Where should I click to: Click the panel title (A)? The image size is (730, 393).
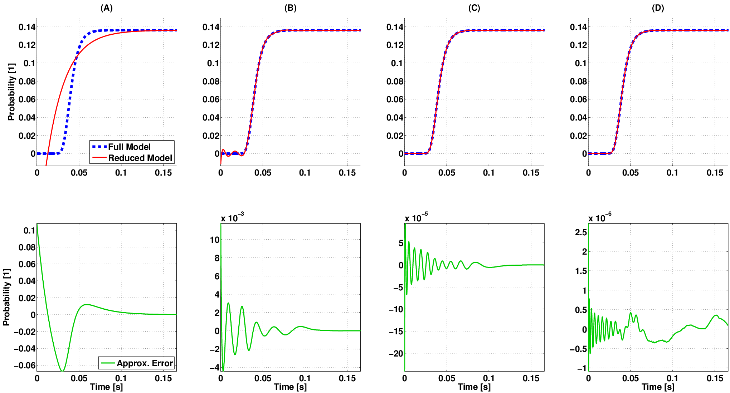click(107, 8)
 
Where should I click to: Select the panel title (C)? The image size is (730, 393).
click(474, 8)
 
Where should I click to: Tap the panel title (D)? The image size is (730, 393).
click(658, 8)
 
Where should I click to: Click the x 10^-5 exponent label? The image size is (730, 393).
click(416, 217)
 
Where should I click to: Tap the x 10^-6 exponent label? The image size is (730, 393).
click(600, 217)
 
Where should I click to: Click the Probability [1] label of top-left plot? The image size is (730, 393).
click(11, 92)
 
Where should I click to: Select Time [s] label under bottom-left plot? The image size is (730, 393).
click(106, 387)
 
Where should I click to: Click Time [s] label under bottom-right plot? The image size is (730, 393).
click(658, 387)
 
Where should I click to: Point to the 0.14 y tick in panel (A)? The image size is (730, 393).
click(27, 27)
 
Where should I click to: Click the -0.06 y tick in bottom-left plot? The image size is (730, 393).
click(24, 365)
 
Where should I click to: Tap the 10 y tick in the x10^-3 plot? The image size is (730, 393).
click(214, 240)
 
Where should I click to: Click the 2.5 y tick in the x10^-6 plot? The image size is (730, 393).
click(581, 232)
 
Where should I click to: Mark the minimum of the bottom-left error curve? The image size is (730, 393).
click(62, 370)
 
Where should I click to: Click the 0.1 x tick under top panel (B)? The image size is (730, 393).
click(305, 173)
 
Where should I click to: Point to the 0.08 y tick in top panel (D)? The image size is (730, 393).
click(578, 81)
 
